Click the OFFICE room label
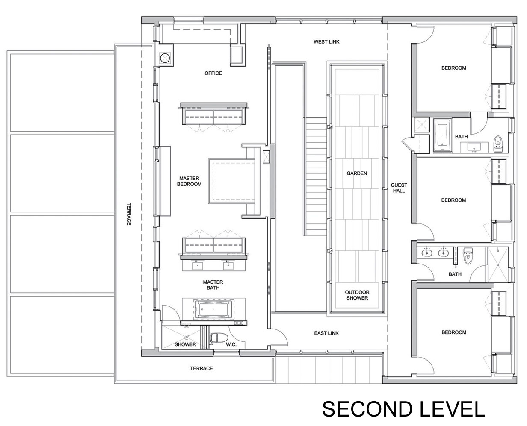coord(213,73)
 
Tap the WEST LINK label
coord(326,42)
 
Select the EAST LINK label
coord(326,333)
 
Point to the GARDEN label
coord(356,173)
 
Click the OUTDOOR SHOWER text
coord(357,295)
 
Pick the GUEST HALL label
coord(399,188)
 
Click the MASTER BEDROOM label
coord(189,181)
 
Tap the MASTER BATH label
coord(213,285)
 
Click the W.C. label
coord(231,344)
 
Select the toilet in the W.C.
coord(218,338)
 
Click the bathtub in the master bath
coord(214,309)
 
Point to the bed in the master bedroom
coord(231,181)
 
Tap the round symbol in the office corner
coord(165,58)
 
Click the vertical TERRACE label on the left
coord(129,214)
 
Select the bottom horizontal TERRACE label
coord(201,368)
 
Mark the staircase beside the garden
coord(315,176)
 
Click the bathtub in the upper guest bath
coord(443,135)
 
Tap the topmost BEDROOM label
coord(453,68)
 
